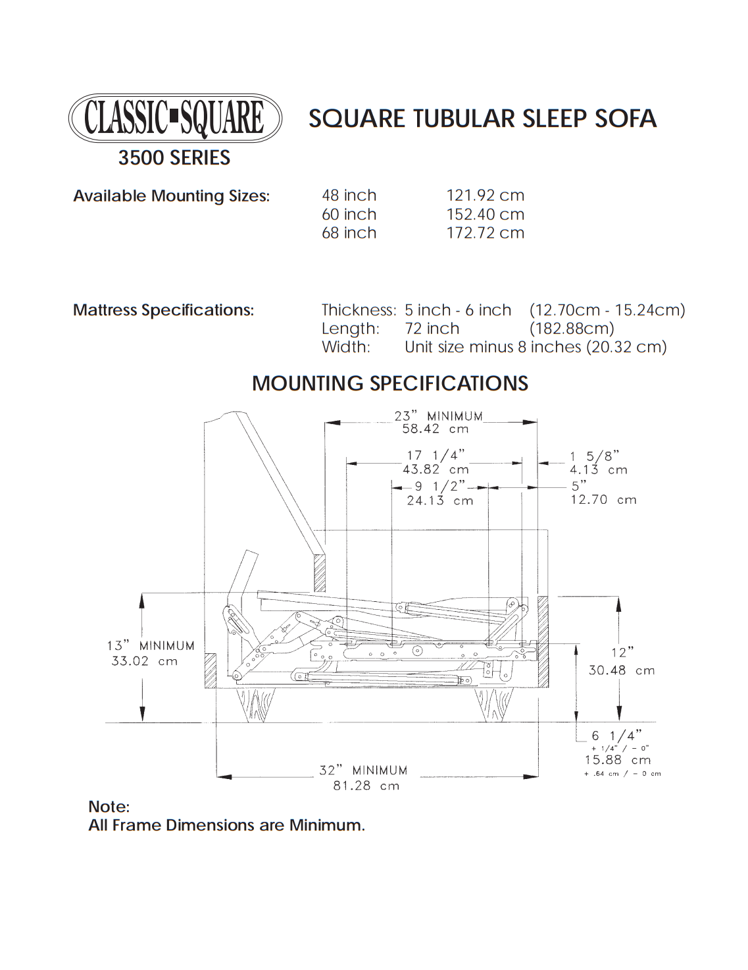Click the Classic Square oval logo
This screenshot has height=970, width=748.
(175, 119)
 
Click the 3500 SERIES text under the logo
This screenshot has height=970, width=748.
(174, 158)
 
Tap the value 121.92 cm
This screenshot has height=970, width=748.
(485, 196)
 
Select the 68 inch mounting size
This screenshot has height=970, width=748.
(349, 233)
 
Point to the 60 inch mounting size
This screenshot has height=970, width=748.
(349, 215)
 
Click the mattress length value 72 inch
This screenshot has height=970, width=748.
(432, 329)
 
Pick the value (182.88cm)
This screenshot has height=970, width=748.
(571, 329)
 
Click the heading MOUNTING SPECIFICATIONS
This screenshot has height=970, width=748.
(389, 383)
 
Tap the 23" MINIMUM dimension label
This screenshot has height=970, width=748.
(438, 416)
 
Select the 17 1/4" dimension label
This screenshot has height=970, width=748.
(436, 456)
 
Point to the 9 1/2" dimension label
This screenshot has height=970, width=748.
(439, 487)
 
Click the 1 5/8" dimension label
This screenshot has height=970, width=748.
(595, 456)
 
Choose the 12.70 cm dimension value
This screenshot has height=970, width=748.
(603, 500)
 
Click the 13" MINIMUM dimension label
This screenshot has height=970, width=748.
(151, 646)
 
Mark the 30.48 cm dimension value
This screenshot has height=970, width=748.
(622, 670)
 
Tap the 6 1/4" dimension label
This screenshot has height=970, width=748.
(616, 736)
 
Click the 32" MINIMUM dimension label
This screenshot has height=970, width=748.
(363, 770)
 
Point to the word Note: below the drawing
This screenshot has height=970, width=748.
(109, 807)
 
